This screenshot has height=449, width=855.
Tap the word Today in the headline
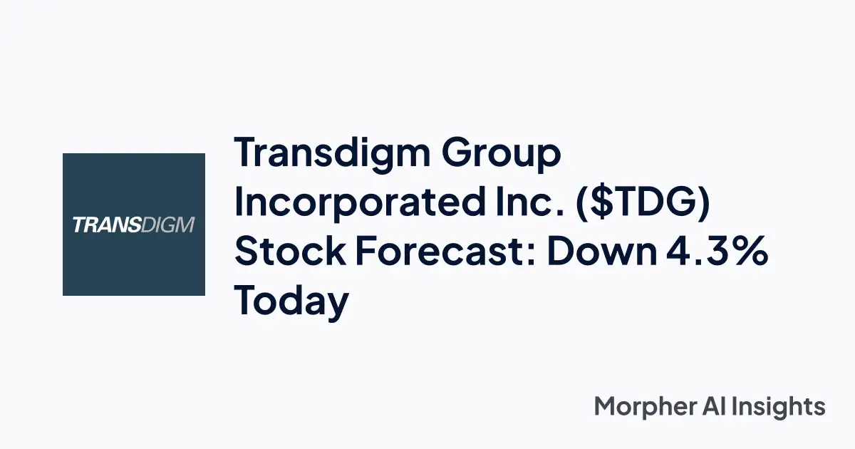291,302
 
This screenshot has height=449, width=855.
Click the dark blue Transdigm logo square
134,224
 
